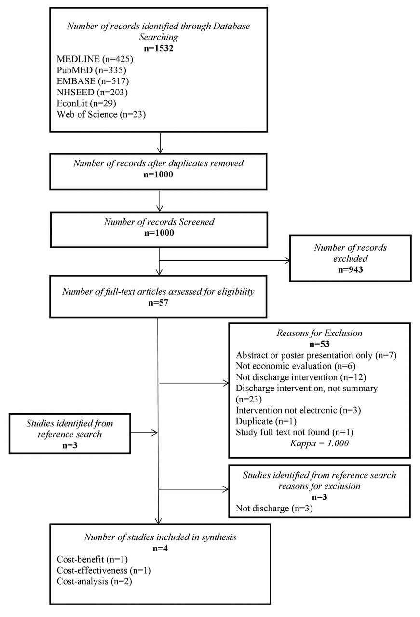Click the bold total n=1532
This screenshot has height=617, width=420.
point(159,48)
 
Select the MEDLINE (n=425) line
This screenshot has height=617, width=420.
point(95,59)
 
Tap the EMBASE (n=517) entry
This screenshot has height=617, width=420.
point(93,81)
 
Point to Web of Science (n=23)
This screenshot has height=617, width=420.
point(101,114)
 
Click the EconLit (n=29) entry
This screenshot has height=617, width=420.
point(86,103)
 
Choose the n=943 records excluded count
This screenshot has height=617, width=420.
point(350,269)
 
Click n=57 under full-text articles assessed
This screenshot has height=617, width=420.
point(158,303)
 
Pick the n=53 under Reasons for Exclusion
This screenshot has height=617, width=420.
point(319,344)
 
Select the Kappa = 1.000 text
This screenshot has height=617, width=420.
point(319,443)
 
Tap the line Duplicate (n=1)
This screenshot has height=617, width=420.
point(266,421)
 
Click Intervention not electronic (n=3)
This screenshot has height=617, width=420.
point(298,410)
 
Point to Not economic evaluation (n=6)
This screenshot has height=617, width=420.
point(296,366)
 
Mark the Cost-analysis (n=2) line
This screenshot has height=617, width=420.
point(94,581)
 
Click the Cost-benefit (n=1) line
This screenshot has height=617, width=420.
point(92,560)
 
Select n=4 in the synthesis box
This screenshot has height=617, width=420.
point(160,549)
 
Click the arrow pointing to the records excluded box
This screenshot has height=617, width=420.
point(225,260)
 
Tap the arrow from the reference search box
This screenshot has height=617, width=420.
point(144,433)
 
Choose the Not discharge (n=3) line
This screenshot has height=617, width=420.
point(274,508)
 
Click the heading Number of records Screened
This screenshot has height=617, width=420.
point(159,222)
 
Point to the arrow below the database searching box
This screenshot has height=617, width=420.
point(160,143)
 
